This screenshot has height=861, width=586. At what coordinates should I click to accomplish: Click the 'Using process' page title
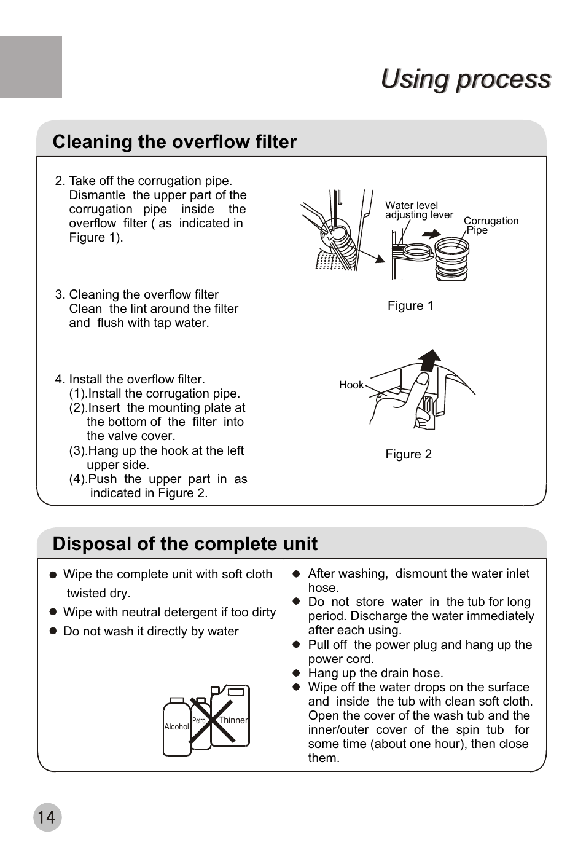click(466, 79)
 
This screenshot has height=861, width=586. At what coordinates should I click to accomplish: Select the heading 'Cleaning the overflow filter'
click(174, 142)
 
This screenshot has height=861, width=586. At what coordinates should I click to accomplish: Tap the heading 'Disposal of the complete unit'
click(185, 544)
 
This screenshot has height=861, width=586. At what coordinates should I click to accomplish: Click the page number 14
click(47, 817)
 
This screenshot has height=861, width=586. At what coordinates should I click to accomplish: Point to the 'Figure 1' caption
click(410, 306)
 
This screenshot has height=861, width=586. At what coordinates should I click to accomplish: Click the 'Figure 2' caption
click(408, 455)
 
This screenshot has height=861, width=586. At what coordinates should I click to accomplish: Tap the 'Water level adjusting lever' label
click(418, 210)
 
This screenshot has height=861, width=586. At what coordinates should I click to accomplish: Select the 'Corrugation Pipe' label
click(490, 225)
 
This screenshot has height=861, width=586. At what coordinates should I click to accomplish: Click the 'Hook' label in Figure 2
click(351, 385)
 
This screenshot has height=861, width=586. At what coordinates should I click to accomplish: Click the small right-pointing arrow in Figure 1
click(432, 234)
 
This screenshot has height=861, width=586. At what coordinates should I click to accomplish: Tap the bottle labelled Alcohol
click(177, 728)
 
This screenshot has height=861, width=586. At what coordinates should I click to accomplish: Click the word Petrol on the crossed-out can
click(199, 721)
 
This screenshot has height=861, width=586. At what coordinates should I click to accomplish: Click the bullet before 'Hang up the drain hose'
click(295, 674)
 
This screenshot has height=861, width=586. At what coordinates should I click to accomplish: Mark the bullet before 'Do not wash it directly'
click(53, 631)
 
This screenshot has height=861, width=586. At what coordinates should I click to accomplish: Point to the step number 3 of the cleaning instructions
click(59, 295)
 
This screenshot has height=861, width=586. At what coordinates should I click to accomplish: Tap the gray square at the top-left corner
click(31, 66)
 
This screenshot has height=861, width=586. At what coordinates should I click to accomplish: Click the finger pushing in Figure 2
click(418, 387)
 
